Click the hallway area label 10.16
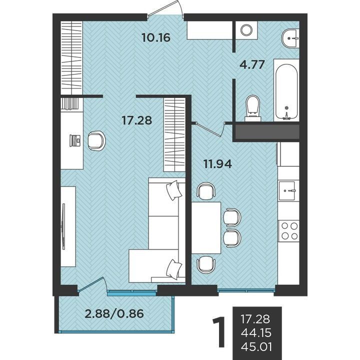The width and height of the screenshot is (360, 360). pos(156,37)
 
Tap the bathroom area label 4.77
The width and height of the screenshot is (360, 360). pos(252,64)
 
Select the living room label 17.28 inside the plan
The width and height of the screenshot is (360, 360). pos(137,120)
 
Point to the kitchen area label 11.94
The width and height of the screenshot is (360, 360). pos(217,164)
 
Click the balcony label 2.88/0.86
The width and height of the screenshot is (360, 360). pos(114,313)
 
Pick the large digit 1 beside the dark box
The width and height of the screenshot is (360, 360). pos(219,332)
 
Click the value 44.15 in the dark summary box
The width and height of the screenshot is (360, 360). pos(256,332)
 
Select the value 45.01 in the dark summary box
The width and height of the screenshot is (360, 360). pos(256,346)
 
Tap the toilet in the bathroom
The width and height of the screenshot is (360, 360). pos(253,107)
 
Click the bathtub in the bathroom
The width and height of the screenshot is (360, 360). pos(286,90)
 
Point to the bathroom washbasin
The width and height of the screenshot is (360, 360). pos(290,38)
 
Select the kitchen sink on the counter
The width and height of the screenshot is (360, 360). pos(287,190)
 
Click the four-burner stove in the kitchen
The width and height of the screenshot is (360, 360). pos(289,230)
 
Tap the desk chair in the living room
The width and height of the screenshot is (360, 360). pos(96,140)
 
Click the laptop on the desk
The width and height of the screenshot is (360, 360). pos(75,140)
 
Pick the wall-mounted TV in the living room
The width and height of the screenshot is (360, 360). pos(63,226)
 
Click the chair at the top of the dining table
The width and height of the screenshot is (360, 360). pos(206,191)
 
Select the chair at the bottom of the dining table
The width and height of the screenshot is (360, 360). pos(206,264)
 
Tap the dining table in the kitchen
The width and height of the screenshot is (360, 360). pos(206,228)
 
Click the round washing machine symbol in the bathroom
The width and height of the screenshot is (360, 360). pos(246,30)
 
